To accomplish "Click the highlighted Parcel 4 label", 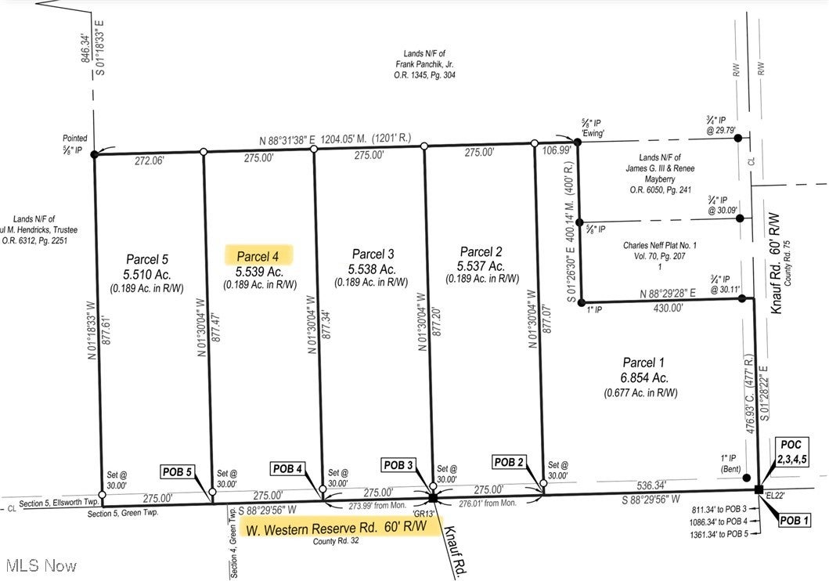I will (x=258, y=256).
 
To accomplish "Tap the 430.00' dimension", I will (x=662, y=309).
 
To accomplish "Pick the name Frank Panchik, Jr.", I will (x=425, y=64).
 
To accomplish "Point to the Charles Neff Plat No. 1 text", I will (x=661, y=245).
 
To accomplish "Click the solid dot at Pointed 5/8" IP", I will (x=95, y=154).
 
